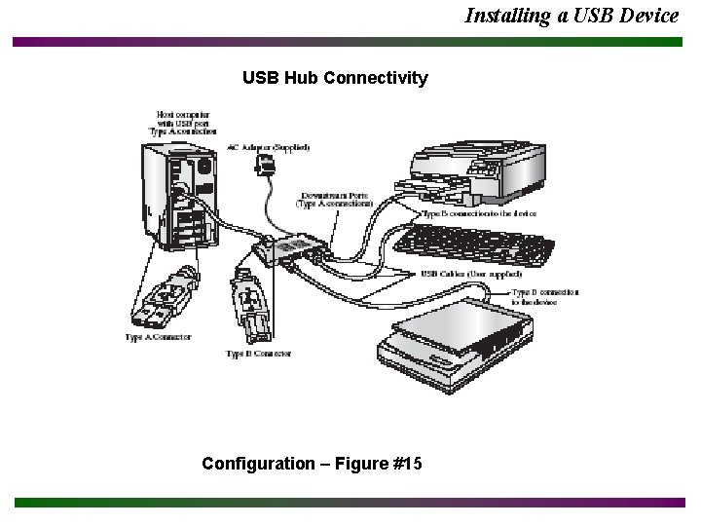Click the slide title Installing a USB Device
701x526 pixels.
click(x=572, y=15)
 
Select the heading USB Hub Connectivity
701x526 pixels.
click(x=335, y=78)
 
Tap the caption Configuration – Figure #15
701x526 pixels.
click(x=312, y=463)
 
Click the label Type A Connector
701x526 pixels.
click(x=158, y=337)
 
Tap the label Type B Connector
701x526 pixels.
click(x=258, y=354)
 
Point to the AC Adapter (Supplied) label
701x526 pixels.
click(x=268, y=147)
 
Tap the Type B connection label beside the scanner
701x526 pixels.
click(x=545, y=297)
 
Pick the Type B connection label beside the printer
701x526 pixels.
click(x=479, y=212)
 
